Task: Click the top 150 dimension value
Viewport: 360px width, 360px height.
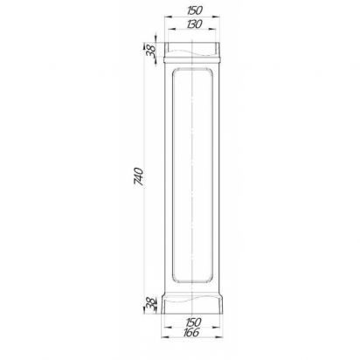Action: [194, 10]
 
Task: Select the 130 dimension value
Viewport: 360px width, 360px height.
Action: [194, 24]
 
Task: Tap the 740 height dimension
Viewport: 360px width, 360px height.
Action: [139, 177]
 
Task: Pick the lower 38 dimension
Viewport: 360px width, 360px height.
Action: [151, 304]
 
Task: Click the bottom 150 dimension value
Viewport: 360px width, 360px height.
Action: [193, 322]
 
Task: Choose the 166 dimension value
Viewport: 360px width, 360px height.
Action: [191, 332]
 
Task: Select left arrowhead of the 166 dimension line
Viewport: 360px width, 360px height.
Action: [165, 337]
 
